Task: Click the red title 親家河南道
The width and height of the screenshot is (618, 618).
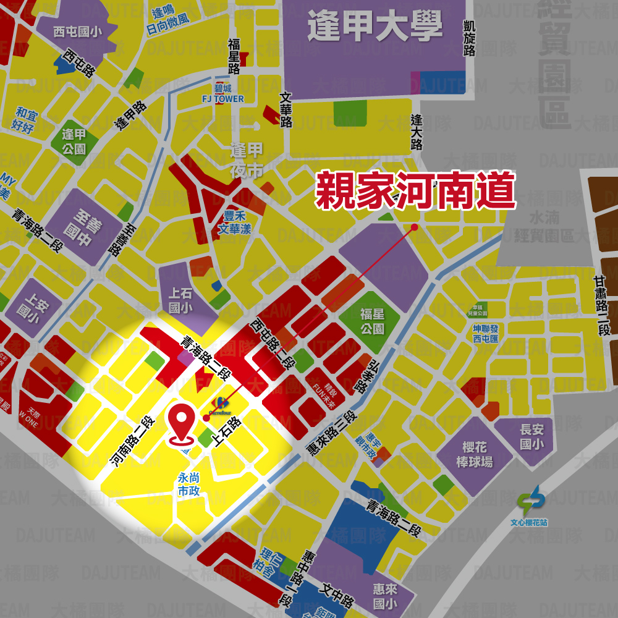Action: [415, 191]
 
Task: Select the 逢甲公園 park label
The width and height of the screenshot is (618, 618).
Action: [74, 142]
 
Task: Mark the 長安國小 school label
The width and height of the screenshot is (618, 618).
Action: [531, 436]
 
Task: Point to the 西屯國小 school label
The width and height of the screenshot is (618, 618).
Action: [77, 32]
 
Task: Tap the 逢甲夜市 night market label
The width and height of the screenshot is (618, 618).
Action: [247, 160]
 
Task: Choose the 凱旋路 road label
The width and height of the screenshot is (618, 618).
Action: [470, 37]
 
